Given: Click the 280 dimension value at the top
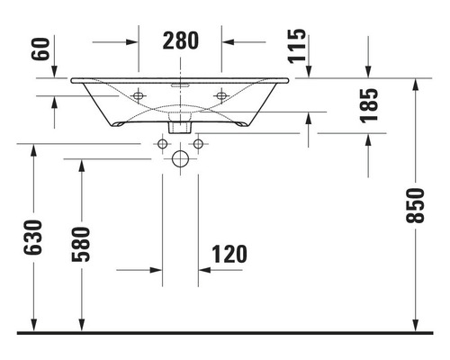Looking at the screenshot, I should [180, 40].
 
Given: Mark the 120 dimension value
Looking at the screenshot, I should [229, 254].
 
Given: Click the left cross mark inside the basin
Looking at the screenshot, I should [139, 95].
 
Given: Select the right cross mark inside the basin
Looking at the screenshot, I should [221, 95].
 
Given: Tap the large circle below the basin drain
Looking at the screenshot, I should [180, 161].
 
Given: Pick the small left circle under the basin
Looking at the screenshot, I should [164, 143].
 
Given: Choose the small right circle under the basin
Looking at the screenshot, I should [197, 143].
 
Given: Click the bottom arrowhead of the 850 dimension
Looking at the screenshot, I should [416, 325].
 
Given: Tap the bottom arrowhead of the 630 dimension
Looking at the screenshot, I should [33, 325].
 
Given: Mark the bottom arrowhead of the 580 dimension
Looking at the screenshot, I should [82, 325].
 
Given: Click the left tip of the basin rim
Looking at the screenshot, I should [72, 80].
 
